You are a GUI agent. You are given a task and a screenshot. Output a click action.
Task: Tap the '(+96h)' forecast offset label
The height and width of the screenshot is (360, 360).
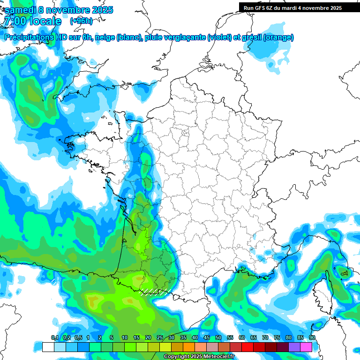click(x=81, y=21)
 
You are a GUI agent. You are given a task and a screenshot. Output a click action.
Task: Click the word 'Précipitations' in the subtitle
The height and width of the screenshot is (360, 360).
click(x=31, y=37)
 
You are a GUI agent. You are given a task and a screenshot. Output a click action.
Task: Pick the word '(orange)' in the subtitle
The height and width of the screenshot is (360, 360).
click(x=279, y=37)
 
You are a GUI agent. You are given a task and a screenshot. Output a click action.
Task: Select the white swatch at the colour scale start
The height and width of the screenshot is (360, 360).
click(x=48, y=347)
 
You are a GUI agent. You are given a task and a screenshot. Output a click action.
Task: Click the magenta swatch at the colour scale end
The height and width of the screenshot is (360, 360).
click(x=306, y=347)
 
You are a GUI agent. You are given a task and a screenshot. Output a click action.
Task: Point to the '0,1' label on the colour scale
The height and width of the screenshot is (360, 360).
click(x=54, y=338)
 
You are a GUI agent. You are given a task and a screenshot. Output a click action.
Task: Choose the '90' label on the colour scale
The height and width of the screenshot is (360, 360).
click(x=312, y=338)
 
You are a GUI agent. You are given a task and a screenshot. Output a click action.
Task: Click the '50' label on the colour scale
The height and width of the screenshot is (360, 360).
click(x=218, y=338)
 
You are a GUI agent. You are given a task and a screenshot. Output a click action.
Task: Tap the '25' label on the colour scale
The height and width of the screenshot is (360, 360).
click(x=159, y=338)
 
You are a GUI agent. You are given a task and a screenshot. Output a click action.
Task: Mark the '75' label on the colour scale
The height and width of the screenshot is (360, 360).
click(x=277, y=338)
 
